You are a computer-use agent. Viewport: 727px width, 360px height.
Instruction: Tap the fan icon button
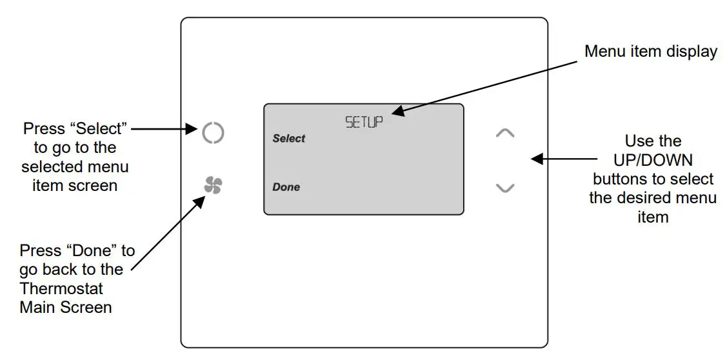coord(212,186)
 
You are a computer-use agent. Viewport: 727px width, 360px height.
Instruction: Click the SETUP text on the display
coord(364,122)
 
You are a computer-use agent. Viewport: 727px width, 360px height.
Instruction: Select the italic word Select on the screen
coord(288,139)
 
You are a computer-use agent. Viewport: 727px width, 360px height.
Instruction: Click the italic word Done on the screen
coord(286,187)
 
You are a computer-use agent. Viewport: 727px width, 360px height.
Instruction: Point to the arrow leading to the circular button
coord(164,130)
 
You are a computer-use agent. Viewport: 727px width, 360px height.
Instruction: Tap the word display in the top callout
coord(693,52)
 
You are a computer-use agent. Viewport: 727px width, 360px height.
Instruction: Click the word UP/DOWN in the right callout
coord(652,159)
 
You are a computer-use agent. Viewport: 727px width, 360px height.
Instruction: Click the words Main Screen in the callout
coord(66,307)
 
